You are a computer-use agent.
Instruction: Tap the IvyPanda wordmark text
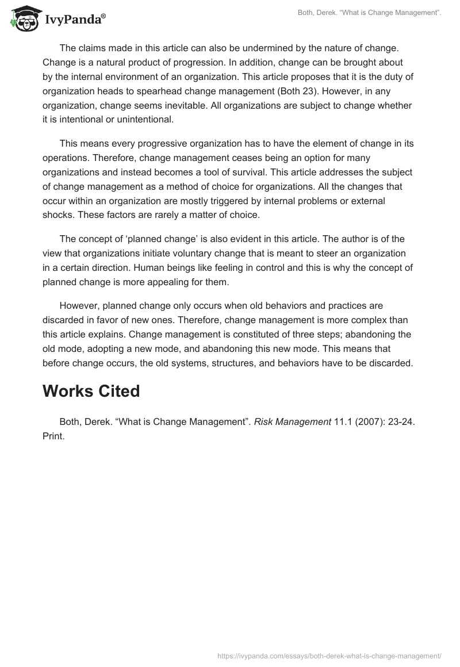(x=75, y=20)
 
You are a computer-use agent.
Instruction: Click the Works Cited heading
(x=91, y=391)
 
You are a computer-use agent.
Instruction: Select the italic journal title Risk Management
(x=292, y=421)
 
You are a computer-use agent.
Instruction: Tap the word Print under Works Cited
(x=53, y=436)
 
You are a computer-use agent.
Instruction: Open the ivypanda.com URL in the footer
(x=329, y=655)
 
